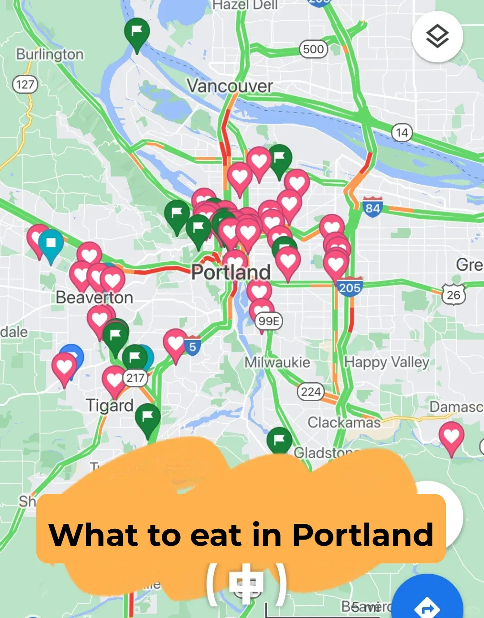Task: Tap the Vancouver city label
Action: coord(229,86)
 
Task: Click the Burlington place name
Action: coord(50,54)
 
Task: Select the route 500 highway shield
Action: coord(313,49)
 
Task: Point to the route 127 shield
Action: coord(25,84)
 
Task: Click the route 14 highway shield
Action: coord(402,133)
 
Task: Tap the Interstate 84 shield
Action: coord(372,207)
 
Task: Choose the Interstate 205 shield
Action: coord(350,287)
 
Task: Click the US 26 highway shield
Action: coord(454,294)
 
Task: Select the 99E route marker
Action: coord(269,321)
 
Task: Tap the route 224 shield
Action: coord(311,392)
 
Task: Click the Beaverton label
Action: coord(94,298)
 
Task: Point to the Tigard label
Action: coord(110,405)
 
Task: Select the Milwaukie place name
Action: coord(277,362)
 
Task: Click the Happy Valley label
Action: coord(386,362)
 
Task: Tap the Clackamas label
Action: coord(344,422)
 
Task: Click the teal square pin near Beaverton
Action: coord(51,243)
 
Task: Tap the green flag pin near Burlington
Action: coord(137,31)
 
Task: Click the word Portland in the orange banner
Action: coord(362,535)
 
